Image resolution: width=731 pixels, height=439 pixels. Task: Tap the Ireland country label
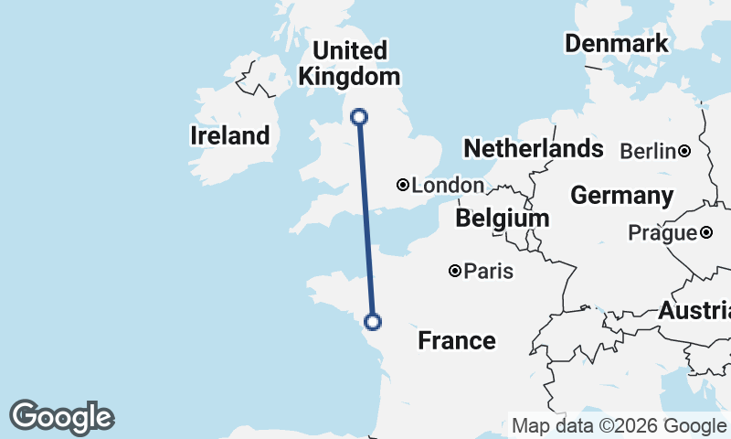(229, 136)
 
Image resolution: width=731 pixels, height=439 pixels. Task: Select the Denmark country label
(617, 43)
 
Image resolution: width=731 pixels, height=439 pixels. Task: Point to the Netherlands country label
(534, 148)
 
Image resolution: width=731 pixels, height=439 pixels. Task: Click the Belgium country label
(502, 218)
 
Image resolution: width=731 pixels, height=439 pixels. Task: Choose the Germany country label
(621, 195)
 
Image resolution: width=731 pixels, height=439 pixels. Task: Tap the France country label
(457, 341)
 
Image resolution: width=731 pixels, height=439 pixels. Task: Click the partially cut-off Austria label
(694, 311)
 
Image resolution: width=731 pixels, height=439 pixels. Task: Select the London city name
(447, 186)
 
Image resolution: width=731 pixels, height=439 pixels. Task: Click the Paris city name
(489, 272)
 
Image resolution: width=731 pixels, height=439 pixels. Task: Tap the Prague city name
(662, 233)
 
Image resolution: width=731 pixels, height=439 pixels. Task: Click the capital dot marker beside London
(402, 185)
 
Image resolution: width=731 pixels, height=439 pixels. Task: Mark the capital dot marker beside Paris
(454, 271)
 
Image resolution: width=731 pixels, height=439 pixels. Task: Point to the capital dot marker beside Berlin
(683, 150)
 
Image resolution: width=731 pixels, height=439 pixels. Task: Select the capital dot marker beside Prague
(706, 233)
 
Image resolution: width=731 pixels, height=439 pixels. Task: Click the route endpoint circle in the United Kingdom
(359, 116)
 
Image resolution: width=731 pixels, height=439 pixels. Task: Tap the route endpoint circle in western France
(372, 320)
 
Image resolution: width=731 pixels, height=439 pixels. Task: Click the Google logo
(61, 417)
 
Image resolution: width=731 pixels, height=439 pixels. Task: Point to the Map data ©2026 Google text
(619, 425)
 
